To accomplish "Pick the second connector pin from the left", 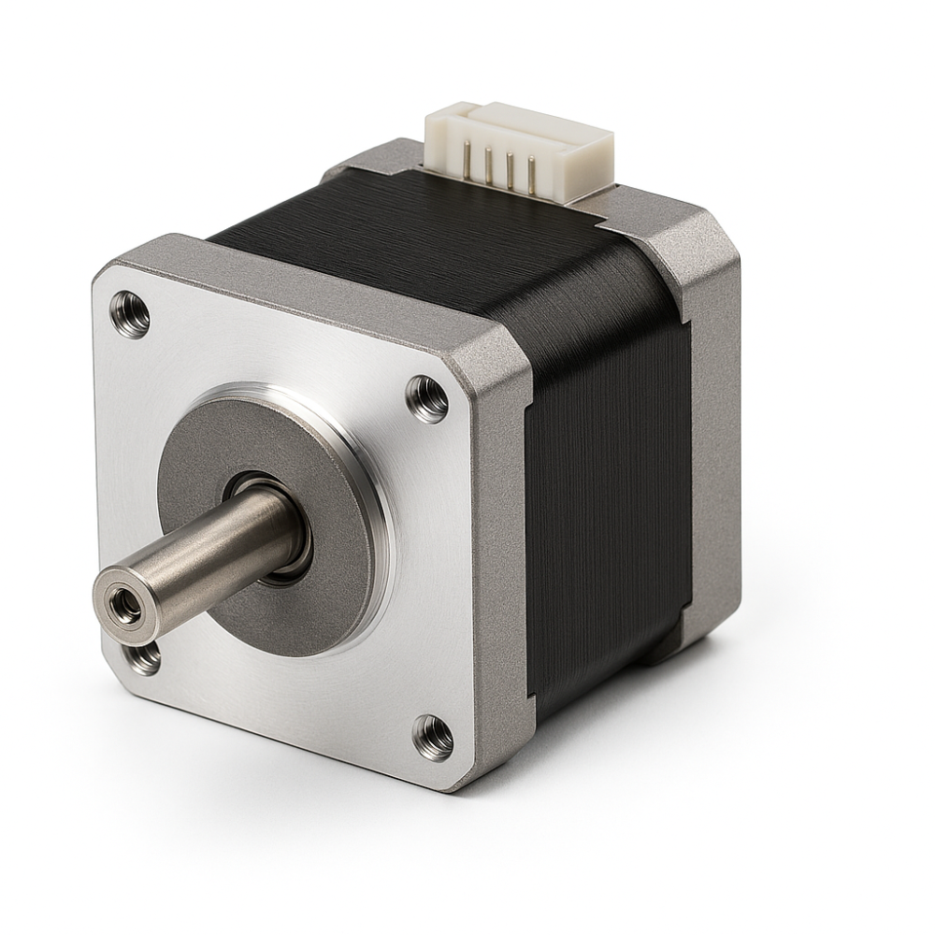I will (x=488, y=165).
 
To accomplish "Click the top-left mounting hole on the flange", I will (x=130, y=314).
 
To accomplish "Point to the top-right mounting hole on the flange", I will (x=427, y=398).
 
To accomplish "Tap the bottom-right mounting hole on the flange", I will (x=433, y=738).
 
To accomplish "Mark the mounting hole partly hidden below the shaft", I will (x=143, y=657).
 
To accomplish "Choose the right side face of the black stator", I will (x=608, y=486).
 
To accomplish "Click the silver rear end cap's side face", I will (x=715, y=421).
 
